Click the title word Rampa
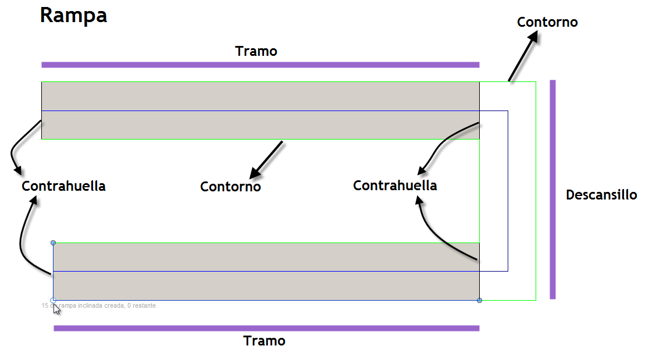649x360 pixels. [73, 16]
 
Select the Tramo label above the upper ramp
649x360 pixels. [256, 51]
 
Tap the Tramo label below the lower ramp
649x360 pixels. [264, 341]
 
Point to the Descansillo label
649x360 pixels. [601, 195]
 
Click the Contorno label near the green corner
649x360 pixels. [547, 22]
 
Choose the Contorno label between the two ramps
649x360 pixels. [230, 187]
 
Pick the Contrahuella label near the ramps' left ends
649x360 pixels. [63, 186]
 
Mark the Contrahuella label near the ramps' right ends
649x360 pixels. [395, 186]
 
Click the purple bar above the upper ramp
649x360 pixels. [260, 65]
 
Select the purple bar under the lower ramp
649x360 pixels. [266, 328]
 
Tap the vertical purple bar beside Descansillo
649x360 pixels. [552, 190]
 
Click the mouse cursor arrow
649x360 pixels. [56, 309]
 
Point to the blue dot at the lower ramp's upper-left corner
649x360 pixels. [53, 243]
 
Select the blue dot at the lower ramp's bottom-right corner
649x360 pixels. [479, 300]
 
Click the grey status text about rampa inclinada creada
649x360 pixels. [99, 305]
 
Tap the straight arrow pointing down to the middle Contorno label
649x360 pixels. [266, 159]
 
